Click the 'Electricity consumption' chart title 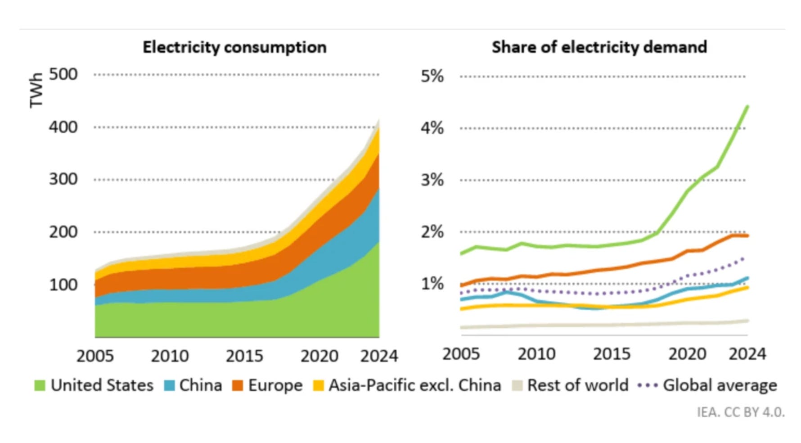pyautogui.click(x=234, y=47)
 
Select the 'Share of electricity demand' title pyautogui.click(x=599, y=47)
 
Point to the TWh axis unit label pyautogui.click(x=36, y=90)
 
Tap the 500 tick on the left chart pyautogui.click(x=63, y=74)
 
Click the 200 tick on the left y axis pyautogui.click(x=63, y=232)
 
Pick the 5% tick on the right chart pyautogui.click(x=432, y=76)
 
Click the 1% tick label pyautogui.click(x=432, y=284)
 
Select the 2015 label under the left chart pyautogui.click(x=244, y=356)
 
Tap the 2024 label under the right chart pyautogui.click(x=747, y=354)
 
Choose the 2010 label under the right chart pyautogui.click(x=536, y=354)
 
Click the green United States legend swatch pyautogui.click(x=40, y=385)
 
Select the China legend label pyautogui.click(x=201, y=385)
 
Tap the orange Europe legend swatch pyautogui.click(x=237, y=385)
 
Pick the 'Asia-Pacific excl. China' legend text pyautogui.click(x=414, y=385)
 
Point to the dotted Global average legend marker pyautogui.click(x=648, y=385)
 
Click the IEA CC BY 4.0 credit pyautogui.click(x=740, y=412)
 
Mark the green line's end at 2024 pyautogui.click(x=747, y=107)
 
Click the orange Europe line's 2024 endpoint pyautogui.click(x=747, y=235)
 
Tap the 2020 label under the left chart pyautogui.click(x=319, y=356)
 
